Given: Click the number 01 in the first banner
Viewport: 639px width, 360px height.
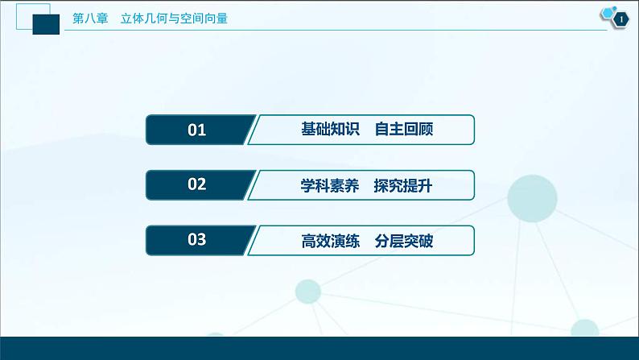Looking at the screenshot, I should tap(196, 130).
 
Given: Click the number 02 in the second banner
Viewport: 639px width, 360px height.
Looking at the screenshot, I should tap(196, 184).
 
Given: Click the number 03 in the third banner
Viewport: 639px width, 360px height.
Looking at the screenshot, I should tap(196, 239).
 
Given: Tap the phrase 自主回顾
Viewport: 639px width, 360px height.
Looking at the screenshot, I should tap(404, 130).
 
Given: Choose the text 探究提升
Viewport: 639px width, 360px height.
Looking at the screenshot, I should tap(404, 184).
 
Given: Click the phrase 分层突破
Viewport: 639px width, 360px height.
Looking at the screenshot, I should tap(404, 240).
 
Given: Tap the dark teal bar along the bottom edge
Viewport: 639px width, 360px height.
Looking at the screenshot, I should tap(319, 349).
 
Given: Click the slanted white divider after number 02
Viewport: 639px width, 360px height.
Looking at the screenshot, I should tap(251, 184).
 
